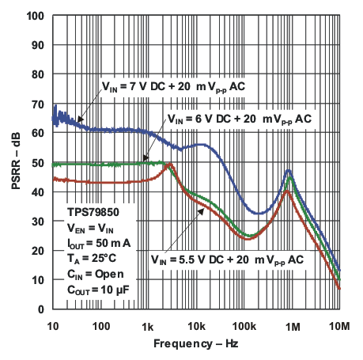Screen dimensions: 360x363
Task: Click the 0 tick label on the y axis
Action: coord(41,309)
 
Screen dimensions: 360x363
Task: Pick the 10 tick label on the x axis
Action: coord(53,325)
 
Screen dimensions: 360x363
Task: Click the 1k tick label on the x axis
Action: coord(148,325)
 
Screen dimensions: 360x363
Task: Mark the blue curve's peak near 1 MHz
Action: coord(289,170)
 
